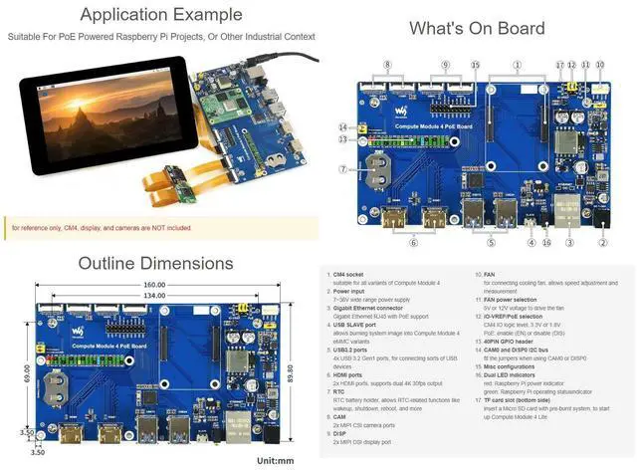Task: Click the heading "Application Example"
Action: point(160,15)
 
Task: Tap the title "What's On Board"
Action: point(477,28)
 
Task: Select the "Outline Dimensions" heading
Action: point(155,263)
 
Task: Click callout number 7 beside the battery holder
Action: point(342,169)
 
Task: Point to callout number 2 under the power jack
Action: point(603,242)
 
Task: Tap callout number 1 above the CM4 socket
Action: point(517,64)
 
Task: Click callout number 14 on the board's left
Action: point(342,127)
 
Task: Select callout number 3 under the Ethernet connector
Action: point(569,242)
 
